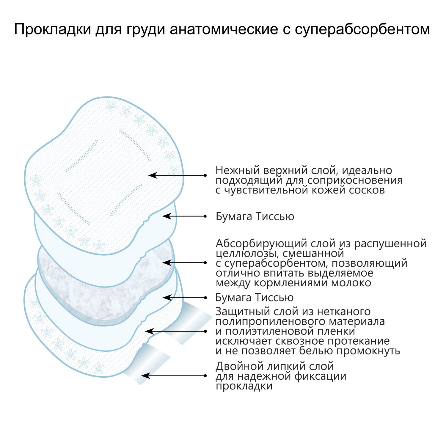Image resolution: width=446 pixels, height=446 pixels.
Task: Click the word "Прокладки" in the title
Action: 52,30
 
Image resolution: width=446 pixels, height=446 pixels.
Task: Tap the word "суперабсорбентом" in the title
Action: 362,30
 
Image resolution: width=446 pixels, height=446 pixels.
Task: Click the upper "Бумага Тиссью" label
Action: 255,216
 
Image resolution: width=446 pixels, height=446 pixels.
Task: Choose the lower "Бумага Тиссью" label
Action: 254,297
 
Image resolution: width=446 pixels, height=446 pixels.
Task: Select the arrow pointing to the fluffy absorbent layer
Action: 184,263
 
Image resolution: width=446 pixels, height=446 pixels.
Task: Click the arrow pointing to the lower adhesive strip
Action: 174,376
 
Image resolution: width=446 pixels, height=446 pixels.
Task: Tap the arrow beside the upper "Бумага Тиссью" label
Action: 184,216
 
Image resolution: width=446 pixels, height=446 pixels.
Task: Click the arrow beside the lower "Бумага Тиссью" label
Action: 184,297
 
